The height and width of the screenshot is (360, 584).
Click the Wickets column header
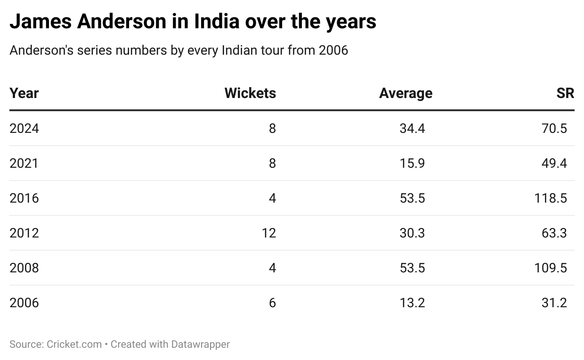point(250,93)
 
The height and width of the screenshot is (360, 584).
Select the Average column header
point(406,93)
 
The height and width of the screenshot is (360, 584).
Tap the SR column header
point(565,93)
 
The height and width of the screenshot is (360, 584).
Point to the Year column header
point(24,93)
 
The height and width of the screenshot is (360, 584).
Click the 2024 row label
point(24,128)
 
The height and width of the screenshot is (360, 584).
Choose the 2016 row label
point(24,198)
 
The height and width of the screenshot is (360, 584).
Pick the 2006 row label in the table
point(24,303)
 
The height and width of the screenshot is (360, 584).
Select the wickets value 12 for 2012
point(269,233)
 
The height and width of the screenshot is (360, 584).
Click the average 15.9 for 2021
point(412,163)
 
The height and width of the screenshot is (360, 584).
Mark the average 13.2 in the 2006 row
point(412,303)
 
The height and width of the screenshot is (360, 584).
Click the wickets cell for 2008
point(272,268)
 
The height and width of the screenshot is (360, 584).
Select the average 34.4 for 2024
point(412,128)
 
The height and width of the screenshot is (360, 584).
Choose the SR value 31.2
point(554,303)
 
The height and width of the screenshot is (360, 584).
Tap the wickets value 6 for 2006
point(272,303)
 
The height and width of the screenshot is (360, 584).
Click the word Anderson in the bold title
point(120,22)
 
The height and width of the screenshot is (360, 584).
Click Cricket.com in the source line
point(74,344)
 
